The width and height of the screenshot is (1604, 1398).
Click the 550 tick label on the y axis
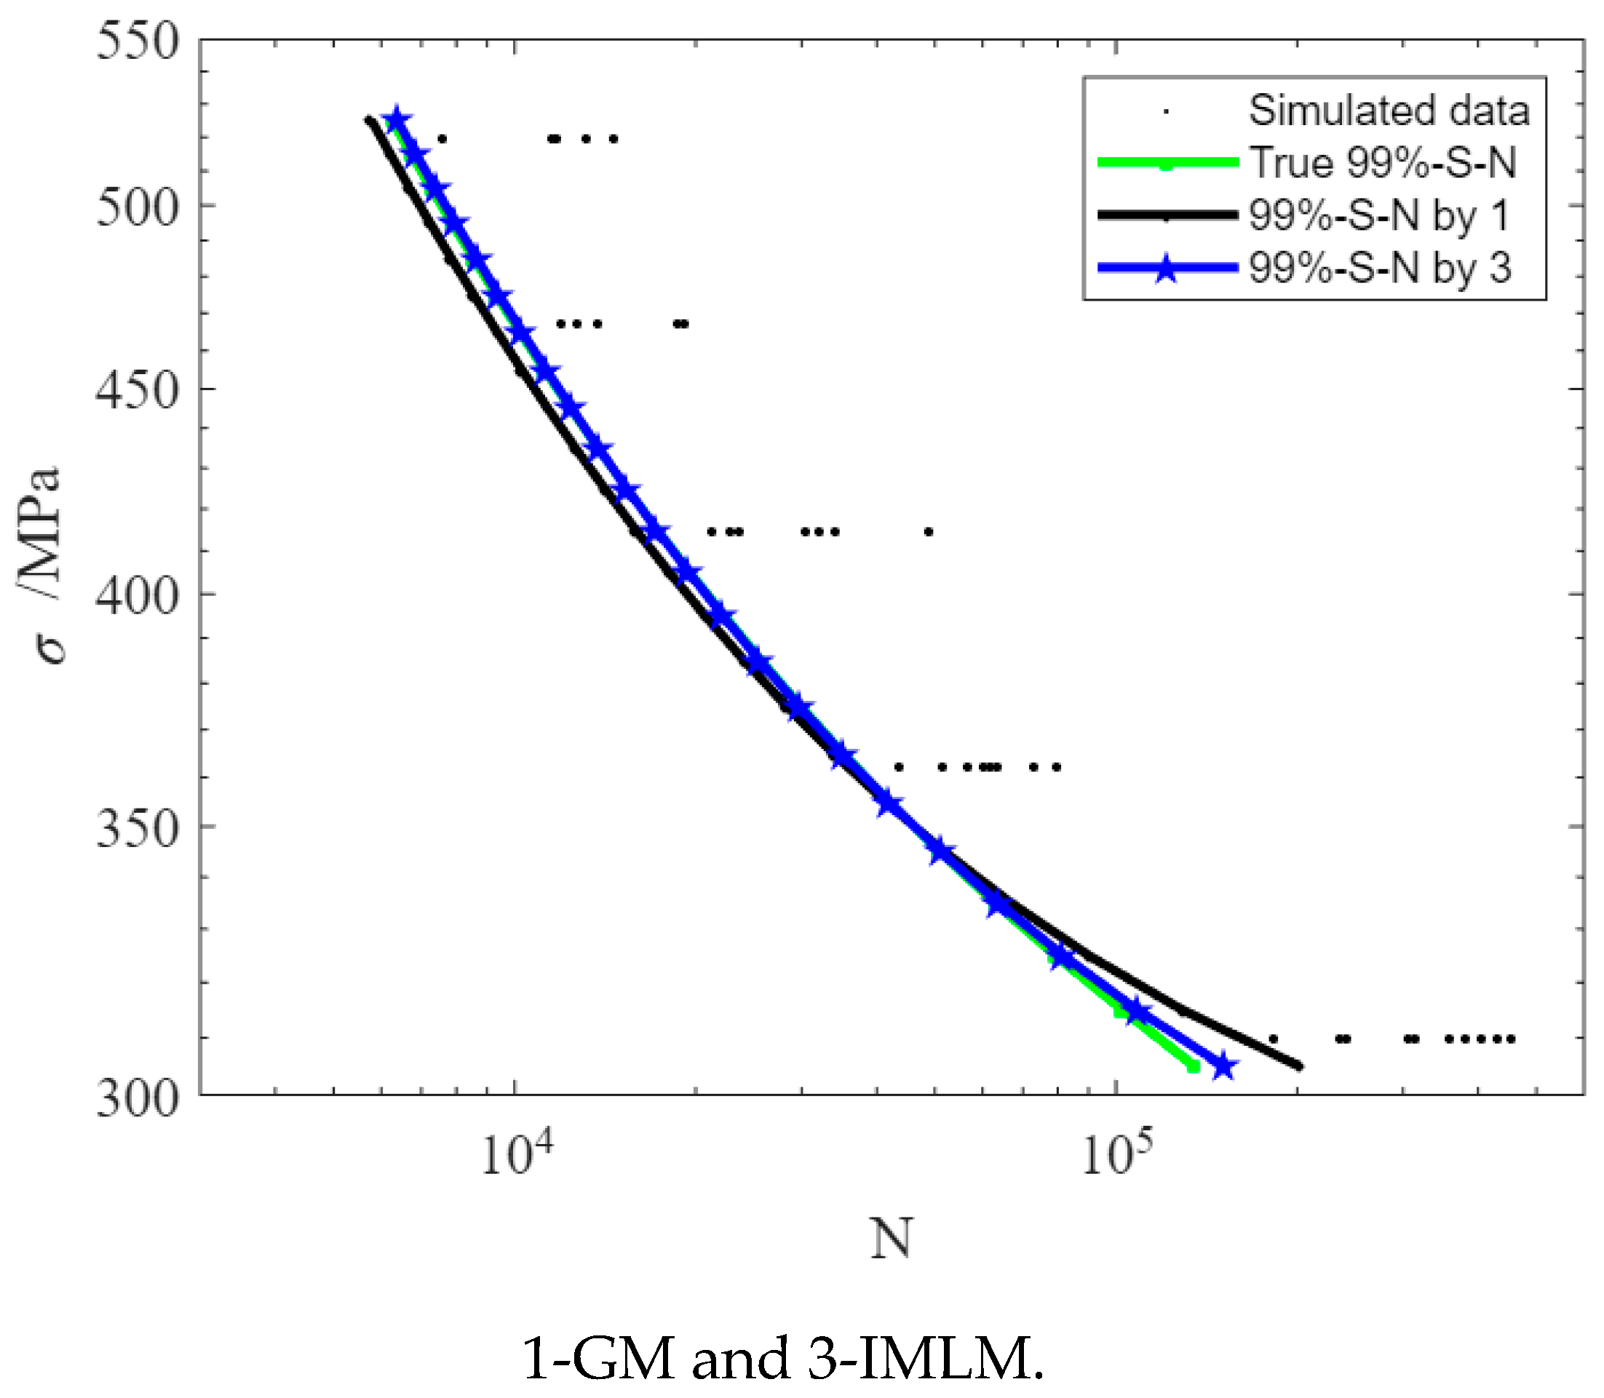click(138, 41)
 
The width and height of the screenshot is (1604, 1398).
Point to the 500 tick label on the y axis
click(138, 208)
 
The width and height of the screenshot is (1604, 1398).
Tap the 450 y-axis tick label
click(138, 390)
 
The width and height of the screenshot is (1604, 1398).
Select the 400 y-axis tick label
click(138, 596)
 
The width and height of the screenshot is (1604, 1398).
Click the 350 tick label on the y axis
click(138, 827)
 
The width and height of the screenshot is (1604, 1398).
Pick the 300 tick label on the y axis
click(138, 1099)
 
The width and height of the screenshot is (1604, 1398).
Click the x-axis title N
click(891, 1239)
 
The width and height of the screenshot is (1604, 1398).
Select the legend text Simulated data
click(1389, 110)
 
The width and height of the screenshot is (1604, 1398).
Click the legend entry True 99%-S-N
click(1383, 162)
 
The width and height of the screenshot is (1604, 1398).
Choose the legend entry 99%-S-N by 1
click(1378, 215)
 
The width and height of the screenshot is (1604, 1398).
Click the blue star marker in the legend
click(1166, 269)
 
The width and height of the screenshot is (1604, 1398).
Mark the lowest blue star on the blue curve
click(1223, 1065)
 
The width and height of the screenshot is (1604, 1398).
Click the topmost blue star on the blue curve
click(397, 119)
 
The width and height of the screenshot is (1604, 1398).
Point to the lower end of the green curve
click(1193, 1066)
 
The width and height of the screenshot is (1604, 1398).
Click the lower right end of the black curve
click(1299, 1065)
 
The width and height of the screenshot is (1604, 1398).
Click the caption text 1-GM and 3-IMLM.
click(782, 1358)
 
